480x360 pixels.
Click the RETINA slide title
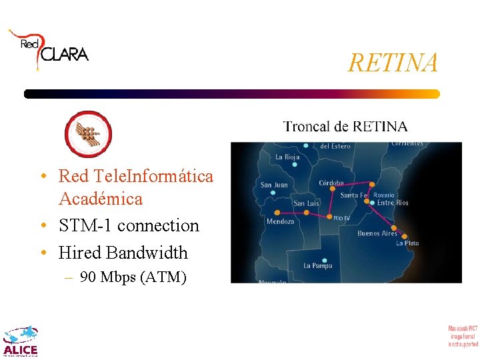pos(393,63)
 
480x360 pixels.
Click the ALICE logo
pos(21,341)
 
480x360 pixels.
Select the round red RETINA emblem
pos(88,133)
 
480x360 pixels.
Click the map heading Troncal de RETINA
pos(345,126)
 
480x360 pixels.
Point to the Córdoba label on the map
pos(331,183)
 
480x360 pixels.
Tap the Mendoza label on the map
pos(280,221)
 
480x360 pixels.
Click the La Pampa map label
pos(317,265)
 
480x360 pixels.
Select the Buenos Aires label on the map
pos(377,233)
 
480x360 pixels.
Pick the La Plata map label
pos(407,243)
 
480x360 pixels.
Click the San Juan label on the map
pos(274,185)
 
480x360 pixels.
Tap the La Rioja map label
pos(288,157)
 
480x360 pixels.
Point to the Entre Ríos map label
pos(393,203)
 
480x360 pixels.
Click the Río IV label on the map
pos(341,218)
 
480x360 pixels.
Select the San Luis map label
pos(307,203)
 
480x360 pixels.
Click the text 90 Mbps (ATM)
pos(133,277)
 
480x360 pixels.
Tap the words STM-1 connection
pos(129,225)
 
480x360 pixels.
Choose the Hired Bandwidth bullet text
pos(123,253)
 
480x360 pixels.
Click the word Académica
pos(101,199)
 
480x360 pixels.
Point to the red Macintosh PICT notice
pos(463,335)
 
